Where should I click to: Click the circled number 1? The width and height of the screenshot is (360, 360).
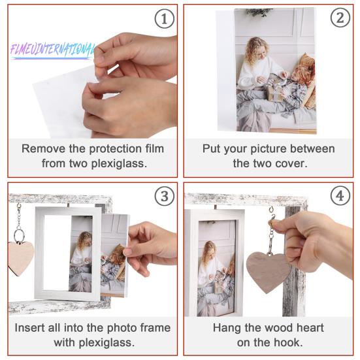coord(164,20)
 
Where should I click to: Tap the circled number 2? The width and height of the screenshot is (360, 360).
coord(340,18)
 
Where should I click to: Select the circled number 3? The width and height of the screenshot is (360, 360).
coord(164,197)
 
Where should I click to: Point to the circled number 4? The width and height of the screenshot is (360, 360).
coord(340,197)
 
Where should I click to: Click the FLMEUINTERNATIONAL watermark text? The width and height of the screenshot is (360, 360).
coord(53,50)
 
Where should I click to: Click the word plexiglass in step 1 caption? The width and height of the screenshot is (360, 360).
coord(119,163)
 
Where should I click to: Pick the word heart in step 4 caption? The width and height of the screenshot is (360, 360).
coord(310,327)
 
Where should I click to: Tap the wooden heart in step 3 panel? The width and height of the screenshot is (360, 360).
coord(21,258)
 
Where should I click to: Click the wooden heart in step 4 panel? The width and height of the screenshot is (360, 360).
coord(268,272)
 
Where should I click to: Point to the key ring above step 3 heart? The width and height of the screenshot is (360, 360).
coord(19,235)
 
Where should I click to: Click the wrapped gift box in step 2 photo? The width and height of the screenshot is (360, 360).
coord(275,92)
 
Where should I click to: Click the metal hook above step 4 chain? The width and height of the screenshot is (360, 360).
coord(272,210)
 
